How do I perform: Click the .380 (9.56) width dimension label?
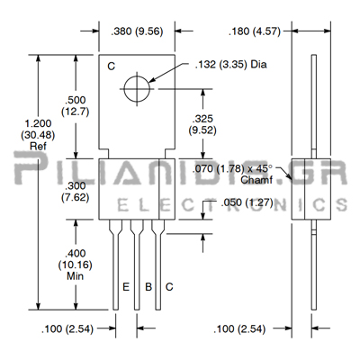click(x=137, y=31)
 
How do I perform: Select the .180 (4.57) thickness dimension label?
click(x=255, y=31)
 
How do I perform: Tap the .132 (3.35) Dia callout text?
click(x=230, y=65)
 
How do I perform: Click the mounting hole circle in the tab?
click(x=137, y=89)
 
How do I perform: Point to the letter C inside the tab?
click(x=112, y=67)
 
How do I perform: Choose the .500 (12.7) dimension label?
click(x=76, y=105)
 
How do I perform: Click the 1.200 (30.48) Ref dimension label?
click(x=38, y=135)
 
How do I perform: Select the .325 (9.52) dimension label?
click(x=202, y=124)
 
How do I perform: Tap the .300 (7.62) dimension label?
click(x=76, y=192)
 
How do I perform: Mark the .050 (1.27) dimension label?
click(x=247, y=202)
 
